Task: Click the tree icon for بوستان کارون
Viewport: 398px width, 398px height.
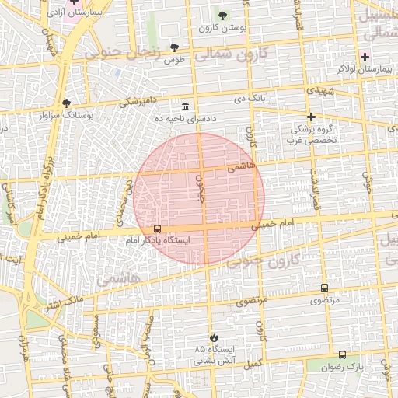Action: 222,16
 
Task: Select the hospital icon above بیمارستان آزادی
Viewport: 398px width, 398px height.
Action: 74,2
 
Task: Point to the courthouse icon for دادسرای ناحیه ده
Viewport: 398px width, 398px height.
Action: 185,106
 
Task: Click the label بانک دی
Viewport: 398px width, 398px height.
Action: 251,99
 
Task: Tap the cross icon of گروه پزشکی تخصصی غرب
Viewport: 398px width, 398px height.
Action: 311,117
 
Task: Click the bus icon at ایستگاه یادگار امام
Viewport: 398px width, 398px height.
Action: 158,229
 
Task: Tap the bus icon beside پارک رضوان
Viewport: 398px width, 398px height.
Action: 342,354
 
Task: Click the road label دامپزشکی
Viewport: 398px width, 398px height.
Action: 138,99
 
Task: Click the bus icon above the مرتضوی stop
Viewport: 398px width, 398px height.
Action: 324,288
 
